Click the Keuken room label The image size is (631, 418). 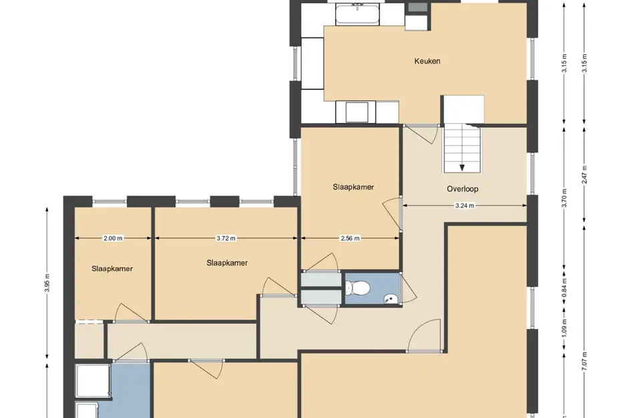tap(427, 62)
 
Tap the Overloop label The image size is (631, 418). tap(462, 189)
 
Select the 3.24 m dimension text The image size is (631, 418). tap(464, 205)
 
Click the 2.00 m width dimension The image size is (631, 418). tap(113, 238)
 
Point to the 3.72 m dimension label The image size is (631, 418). tap(226, 238)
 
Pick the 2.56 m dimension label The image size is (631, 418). tap(350, 238)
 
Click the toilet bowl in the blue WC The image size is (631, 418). tap(357, 288)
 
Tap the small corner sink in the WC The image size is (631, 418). tap(391, 299)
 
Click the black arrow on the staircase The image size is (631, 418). tap(462, 167)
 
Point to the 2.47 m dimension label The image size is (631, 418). tap(585, 175)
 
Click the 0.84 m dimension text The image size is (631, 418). tap(564, 288)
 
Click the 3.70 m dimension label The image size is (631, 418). tap(564, 198)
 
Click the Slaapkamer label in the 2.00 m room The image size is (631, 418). tap(112, 269)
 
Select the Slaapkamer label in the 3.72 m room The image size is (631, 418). tap(227, 263)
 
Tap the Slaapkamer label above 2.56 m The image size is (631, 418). tap(353, 187)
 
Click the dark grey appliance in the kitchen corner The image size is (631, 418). tap(418, 7)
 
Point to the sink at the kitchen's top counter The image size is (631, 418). tap(357, 15)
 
